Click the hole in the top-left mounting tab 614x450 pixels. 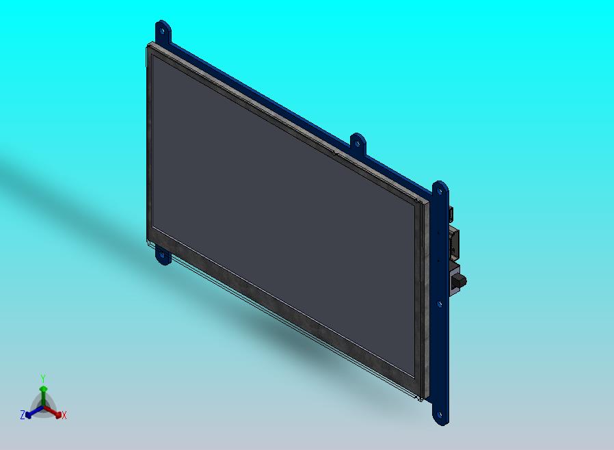(x=162, y=29)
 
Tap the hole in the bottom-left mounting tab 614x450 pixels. (x=162, y=256)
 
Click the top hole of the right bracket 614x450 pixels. (x=440, y=191)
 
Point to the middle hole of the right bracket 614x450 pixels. (x=440, y=303)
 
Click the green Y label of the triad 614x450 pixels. (x=43, y=378)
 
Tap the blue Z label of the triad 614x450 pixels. (x=23, y=414)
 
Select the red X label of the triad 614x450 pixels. (x=64, y=415)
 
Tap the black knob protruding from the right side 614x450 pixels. (x=462, y=280)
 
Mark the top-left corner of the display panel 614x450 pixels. (x=148, y=46)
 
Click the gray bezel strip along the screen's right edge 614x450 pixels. (x=419, y=301)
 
